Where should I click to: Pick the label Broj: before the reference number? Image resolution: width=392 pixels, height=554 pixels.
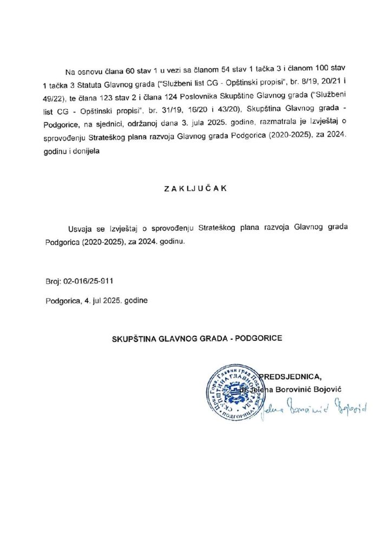pyautogui.click(x=55, y=282)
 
